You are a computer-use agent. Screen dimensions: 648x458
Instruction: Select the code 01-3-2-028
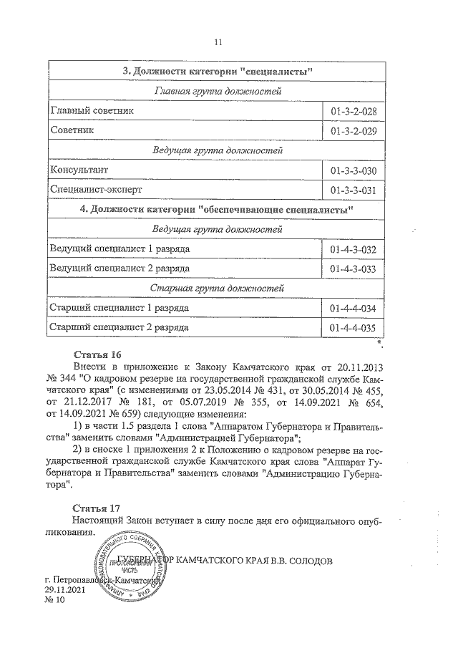[x=354, y=112]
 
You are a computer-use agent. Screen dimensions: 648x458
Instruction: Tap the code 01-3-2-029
[x=354, y=132]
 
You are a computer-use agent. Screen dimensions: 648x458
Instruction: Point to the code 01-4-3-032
[x=354, y=249]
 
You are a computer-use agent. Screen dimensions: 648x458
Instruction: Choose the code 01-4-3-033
[x=354, y=269]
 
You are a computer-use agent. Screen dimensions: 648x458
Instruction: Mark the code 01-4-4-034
[x=354, y=308]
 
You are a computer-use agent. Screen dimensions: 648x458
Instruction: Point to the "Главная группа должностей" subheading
[x=217, y=92]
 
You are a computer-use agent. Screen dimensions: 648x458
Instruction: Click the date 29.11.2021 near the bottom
[x=64, y=589]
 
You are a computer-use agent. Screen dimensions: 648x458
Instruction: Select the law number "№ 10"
[x=54, y=600]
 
